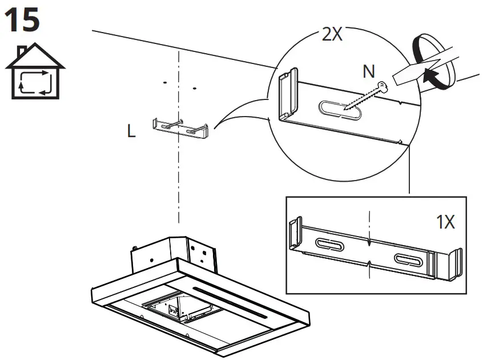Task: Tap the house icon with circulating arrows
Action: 35,73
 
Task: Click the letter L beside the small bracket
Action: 132,132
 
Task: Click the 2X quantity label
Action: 332,34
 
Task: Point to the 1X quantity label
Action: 446,222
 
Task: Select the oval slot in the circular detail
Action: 338,110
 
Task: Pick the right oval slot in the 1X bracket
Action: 409,259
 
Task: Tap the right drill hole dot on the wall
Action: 195,89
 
